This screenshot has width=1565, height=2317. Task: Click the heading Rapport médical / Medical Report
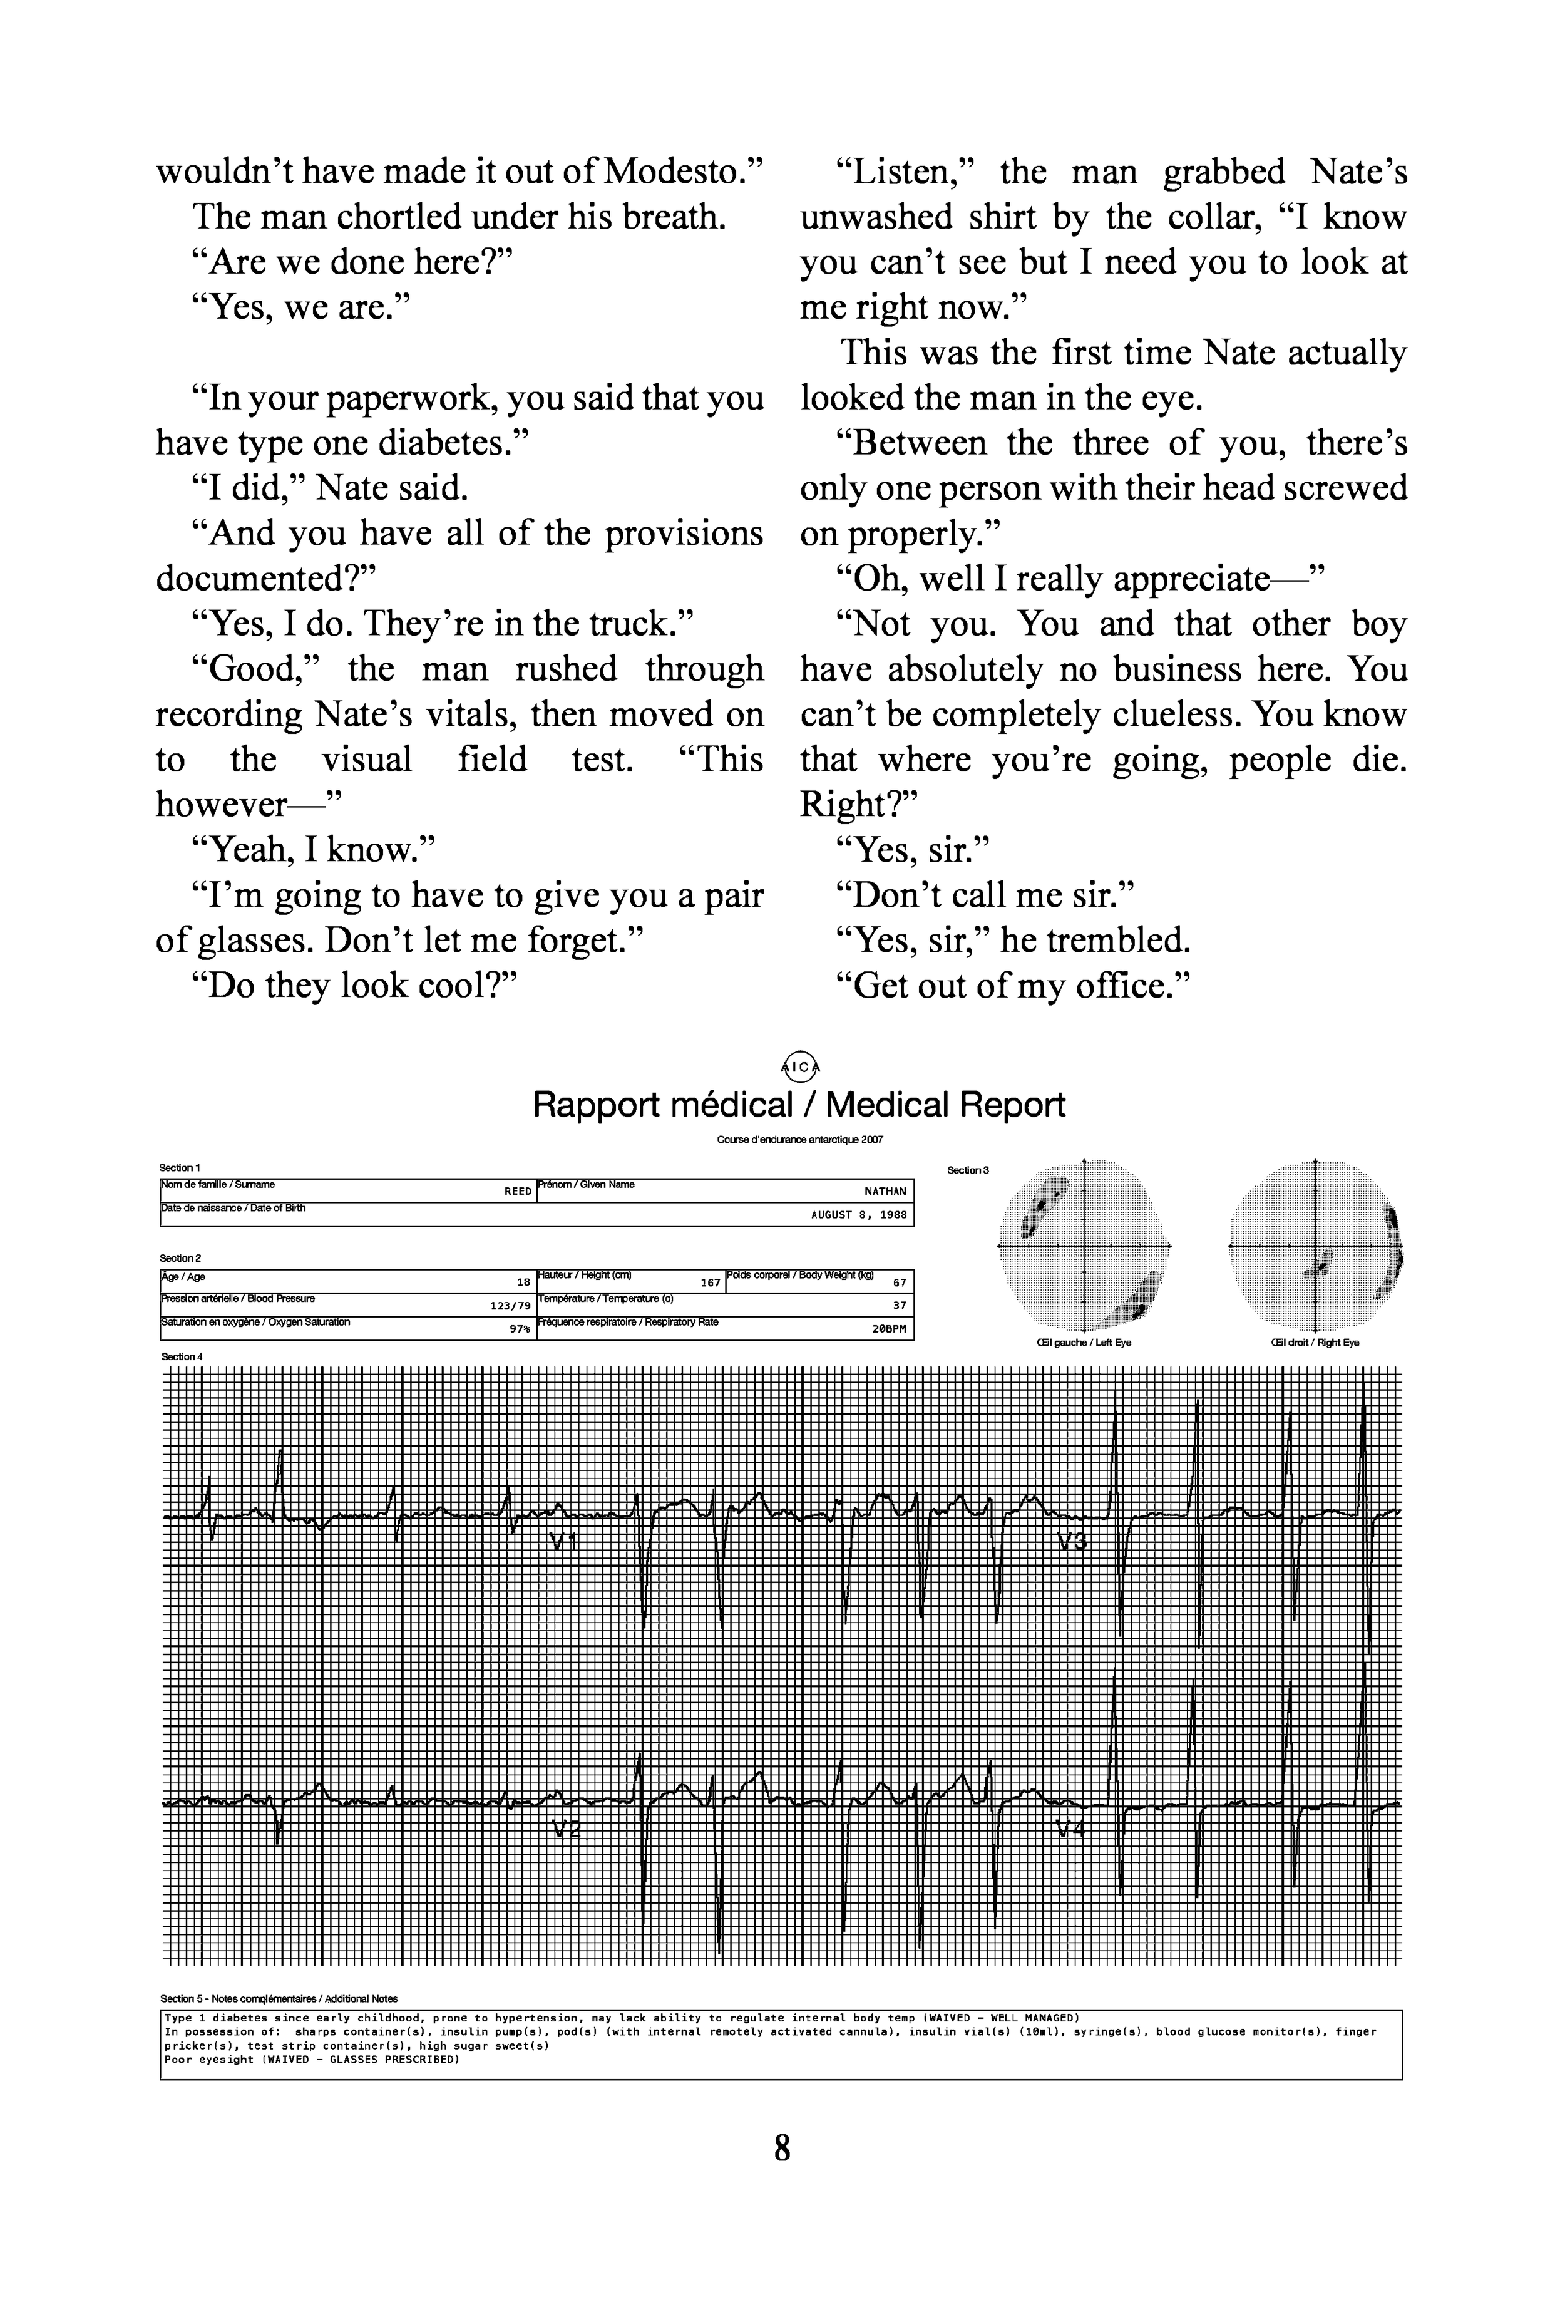798,1105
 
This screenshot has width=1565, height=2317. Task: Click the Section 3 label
967,1170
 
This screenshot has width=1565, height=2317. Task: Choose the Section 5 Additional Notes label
279,1999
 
